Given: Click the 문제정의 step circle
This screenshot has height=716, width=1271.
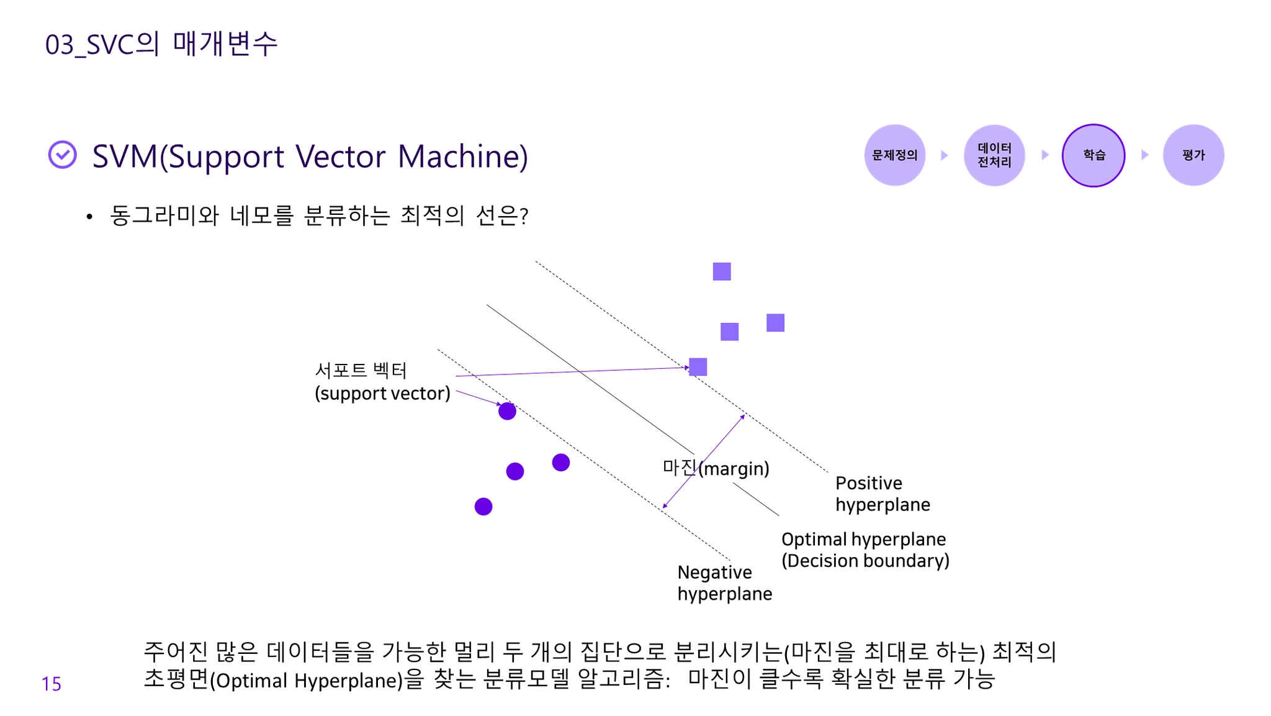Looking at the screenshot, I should point(894,155).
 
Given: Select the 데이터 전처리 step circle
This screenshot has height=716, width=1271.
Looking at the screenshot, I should point(994,155).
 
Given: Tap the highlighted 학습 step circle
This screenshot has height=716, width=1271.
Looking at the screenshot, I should point(1094,155).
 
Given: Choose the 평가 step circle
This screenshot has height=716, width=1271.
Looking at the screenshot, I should point(1193,155).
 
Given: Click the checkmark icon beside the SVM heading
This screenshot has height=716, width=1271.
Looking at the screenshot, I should point(63,155).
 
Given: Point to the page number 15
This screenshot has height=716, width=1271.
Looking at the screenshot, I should point(52,684).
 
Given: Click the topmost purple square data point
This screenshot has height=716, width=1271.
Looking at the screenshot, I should point(722,271).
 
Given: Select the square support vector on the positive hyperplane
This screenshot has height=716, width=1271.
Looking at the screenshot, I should point(698,367).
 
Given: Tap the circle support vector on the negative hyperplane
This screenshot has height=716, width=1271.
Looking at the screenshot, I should point(507,411).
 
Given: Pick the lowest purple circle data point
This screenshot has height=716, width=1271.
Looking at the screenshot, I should point(483,507).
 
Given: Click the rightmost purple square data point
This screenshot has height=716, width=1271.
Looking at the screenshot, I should point(775,323).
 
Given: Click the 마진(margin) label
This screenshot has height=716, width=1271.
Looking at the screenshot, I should point(716,468).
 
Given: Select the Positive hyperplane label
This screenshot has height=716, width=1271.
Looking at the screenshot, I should point(882,494).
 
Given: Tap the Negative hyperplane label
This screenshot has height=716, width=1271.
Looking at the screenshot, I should point(724,582).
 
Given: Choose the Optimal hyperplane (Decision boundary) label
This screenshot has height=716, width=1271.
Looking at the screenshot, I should point(865,550).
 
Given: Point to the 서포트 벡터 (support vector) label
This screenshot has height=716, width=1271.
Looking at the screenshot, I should point(382,382).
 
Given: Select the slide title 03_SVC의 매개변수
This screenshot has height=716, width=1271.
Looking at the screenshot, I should point(161,44).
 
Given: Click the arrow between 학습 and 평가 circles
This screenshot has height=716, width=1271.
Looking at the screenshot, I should point(1145,155).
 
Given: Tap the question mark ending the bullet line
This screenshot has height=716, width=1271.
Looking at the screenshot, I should point(524,216).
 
